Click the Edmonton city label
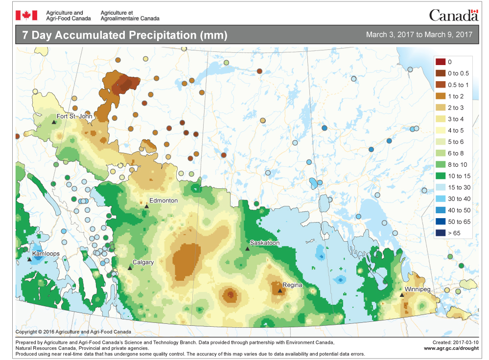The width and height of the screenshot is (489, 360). click(163, 201)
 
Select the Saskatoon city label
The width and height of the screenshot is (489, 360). click(264, 243)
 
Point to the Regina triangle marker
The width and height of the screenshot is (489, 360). click(280, 291)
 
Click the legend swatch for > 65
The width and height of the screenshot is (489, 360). click(441, 233)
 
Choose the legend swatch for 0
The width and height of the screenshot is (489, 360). click(441, 62)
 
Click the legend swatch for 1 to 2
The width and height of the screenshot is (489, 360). click(441, 96)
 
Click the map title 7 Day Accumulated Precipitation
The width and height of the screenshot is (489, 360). click(121, 35)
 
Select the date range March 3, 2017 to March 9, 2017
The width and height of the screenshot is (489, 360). click(419, 35)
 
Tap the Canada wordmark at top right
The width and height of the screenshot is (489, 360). click(453, 15)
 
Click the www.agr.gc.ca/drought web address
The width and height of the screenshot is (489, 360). click(450, 348)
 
